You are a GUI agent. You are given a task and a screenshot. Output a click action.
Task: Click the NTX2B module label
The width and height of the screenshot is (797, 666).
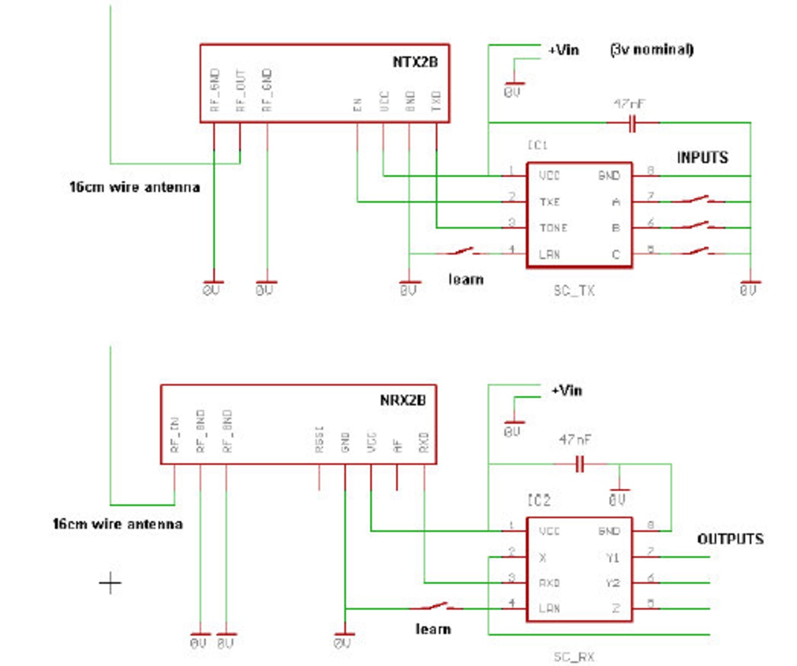pos(415,62)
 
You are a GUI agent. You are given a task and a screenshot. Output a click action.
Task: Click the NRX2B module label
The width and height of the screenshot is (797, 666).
pos(403,401)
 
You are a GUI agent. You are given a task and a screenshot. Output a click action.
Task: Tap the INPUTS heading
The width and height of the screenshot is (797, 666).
pos(702,158)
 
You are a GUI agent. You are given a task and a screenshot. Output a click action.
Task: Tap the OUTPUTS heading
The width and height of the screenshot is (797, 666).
pos(730,539)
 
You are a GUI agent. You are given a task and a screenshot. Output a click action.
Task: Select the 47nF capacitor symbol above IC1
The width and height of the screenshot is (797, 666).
pos(632,123)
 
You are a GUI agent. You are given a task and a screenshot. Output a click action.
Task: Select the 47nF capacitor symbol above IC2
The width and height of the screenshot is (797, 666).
pos(580,464)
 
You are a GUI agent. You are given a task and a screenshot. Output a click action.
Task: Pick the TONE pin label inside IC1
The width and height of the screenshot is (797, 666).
pos(553,228)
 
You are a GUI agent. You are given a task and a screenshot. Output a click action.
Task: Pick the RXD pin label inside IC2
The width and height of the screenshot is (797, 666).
pos(549,583)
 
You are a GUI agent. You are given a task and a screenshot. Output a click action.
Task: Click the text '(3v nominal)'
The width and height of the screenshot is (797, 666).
pos(652,50)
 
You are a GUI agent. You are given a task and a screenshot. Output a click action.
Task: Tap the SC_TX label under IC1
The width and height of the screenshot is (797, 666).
pos(574,291)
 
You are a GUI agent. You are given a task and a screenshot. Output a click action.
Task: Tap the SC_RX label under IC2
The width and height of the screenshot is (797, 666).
pos(574,656)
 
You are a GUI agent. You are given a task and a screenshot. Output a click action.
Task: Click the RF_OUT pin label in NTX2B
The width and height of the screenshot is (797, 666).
pos(240,91)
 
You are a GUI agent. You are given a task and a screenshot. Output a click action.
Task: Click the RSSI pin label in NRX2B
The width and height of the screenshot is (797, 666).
pos(319,440)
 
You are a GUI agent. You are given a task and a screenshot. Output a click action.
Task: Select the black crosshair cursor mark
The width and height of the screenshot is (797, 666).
pos(110,583)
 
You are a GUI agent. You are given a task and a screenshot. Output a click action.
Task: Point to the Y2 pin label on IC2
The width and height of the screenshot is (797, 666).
pos(612,583)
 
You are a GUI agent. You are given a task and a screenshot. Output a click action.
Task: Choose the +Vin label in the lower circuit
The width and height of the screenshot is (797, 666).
pos(567,390)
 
